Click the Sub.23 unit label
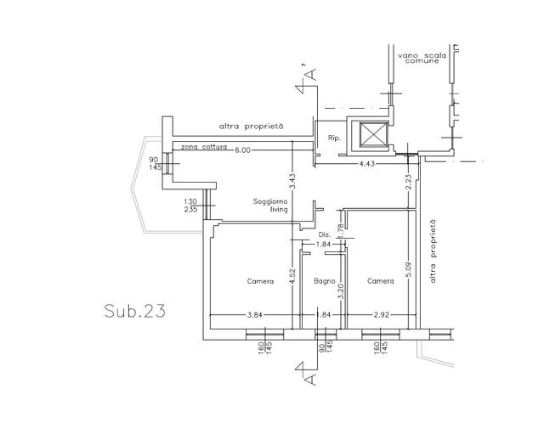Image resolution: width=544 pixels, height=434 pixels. pyautogui.click(x=134, y=311)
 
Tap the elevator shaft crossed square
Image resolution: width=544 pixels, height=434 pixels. pyautogui.click(x=373, y=134)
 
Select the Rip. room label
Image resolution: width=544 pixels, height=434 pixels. pyautogui.click(x=334, y=138)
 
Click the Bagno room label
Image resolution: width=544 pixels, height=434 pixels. pyautogui.click(x=325, y=281)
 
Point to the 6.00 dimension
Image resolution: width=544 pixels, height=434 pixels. pyautogui.click(x=242, y=149)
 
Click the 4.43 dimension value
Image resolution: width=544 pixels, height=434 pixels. pyautogui.click(x=366, y=163)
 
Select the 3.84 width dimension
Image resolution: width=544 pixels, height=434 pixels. pyautogui.click(x=254, y=315)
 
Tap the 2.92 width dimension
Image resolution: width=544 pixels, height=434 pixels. pyautogui.click(x=382, y=315)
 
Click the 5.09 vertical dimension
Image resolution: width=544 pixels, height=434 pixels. pyautogui.click(x=408, y=270)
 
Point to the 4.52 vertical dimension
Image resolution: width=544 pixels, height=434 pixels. pyautogui.click(x=292, y=276)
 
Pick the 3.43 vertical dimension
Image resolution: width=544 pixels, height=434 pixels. pyautogui.click(x=292, y=181)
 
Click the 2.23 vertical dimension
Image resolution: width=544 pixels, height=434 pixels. pyautogui.click(x=408, y=182)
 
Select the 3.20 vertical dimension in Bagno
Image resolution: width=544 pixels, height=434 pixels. pyautogui.click(x=341, y=292)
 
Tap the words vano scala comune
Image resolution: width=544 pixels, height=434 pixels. pyautogui.click(x=422, y=58)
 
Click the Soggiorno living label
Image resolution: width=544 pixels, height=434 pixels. pyautogui.click(x=270, y=206)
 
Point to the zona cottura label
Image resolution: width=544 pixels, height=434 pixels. pyautogui.click(x=204, y=147)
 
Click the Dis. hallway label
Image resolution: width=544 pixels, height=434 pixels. pyautogui.click(x=325, y=234)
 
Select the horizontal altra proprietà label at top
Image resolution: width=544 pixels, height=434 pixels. pyautogui.click(x=252, y=127)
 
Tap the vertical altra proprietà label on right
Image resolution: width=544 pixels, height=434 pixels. pyautogui.click(x=433, y=251)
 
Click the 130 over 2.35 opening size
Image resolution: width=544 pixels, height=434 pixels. pyautogui.click(x=190, y=206)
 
